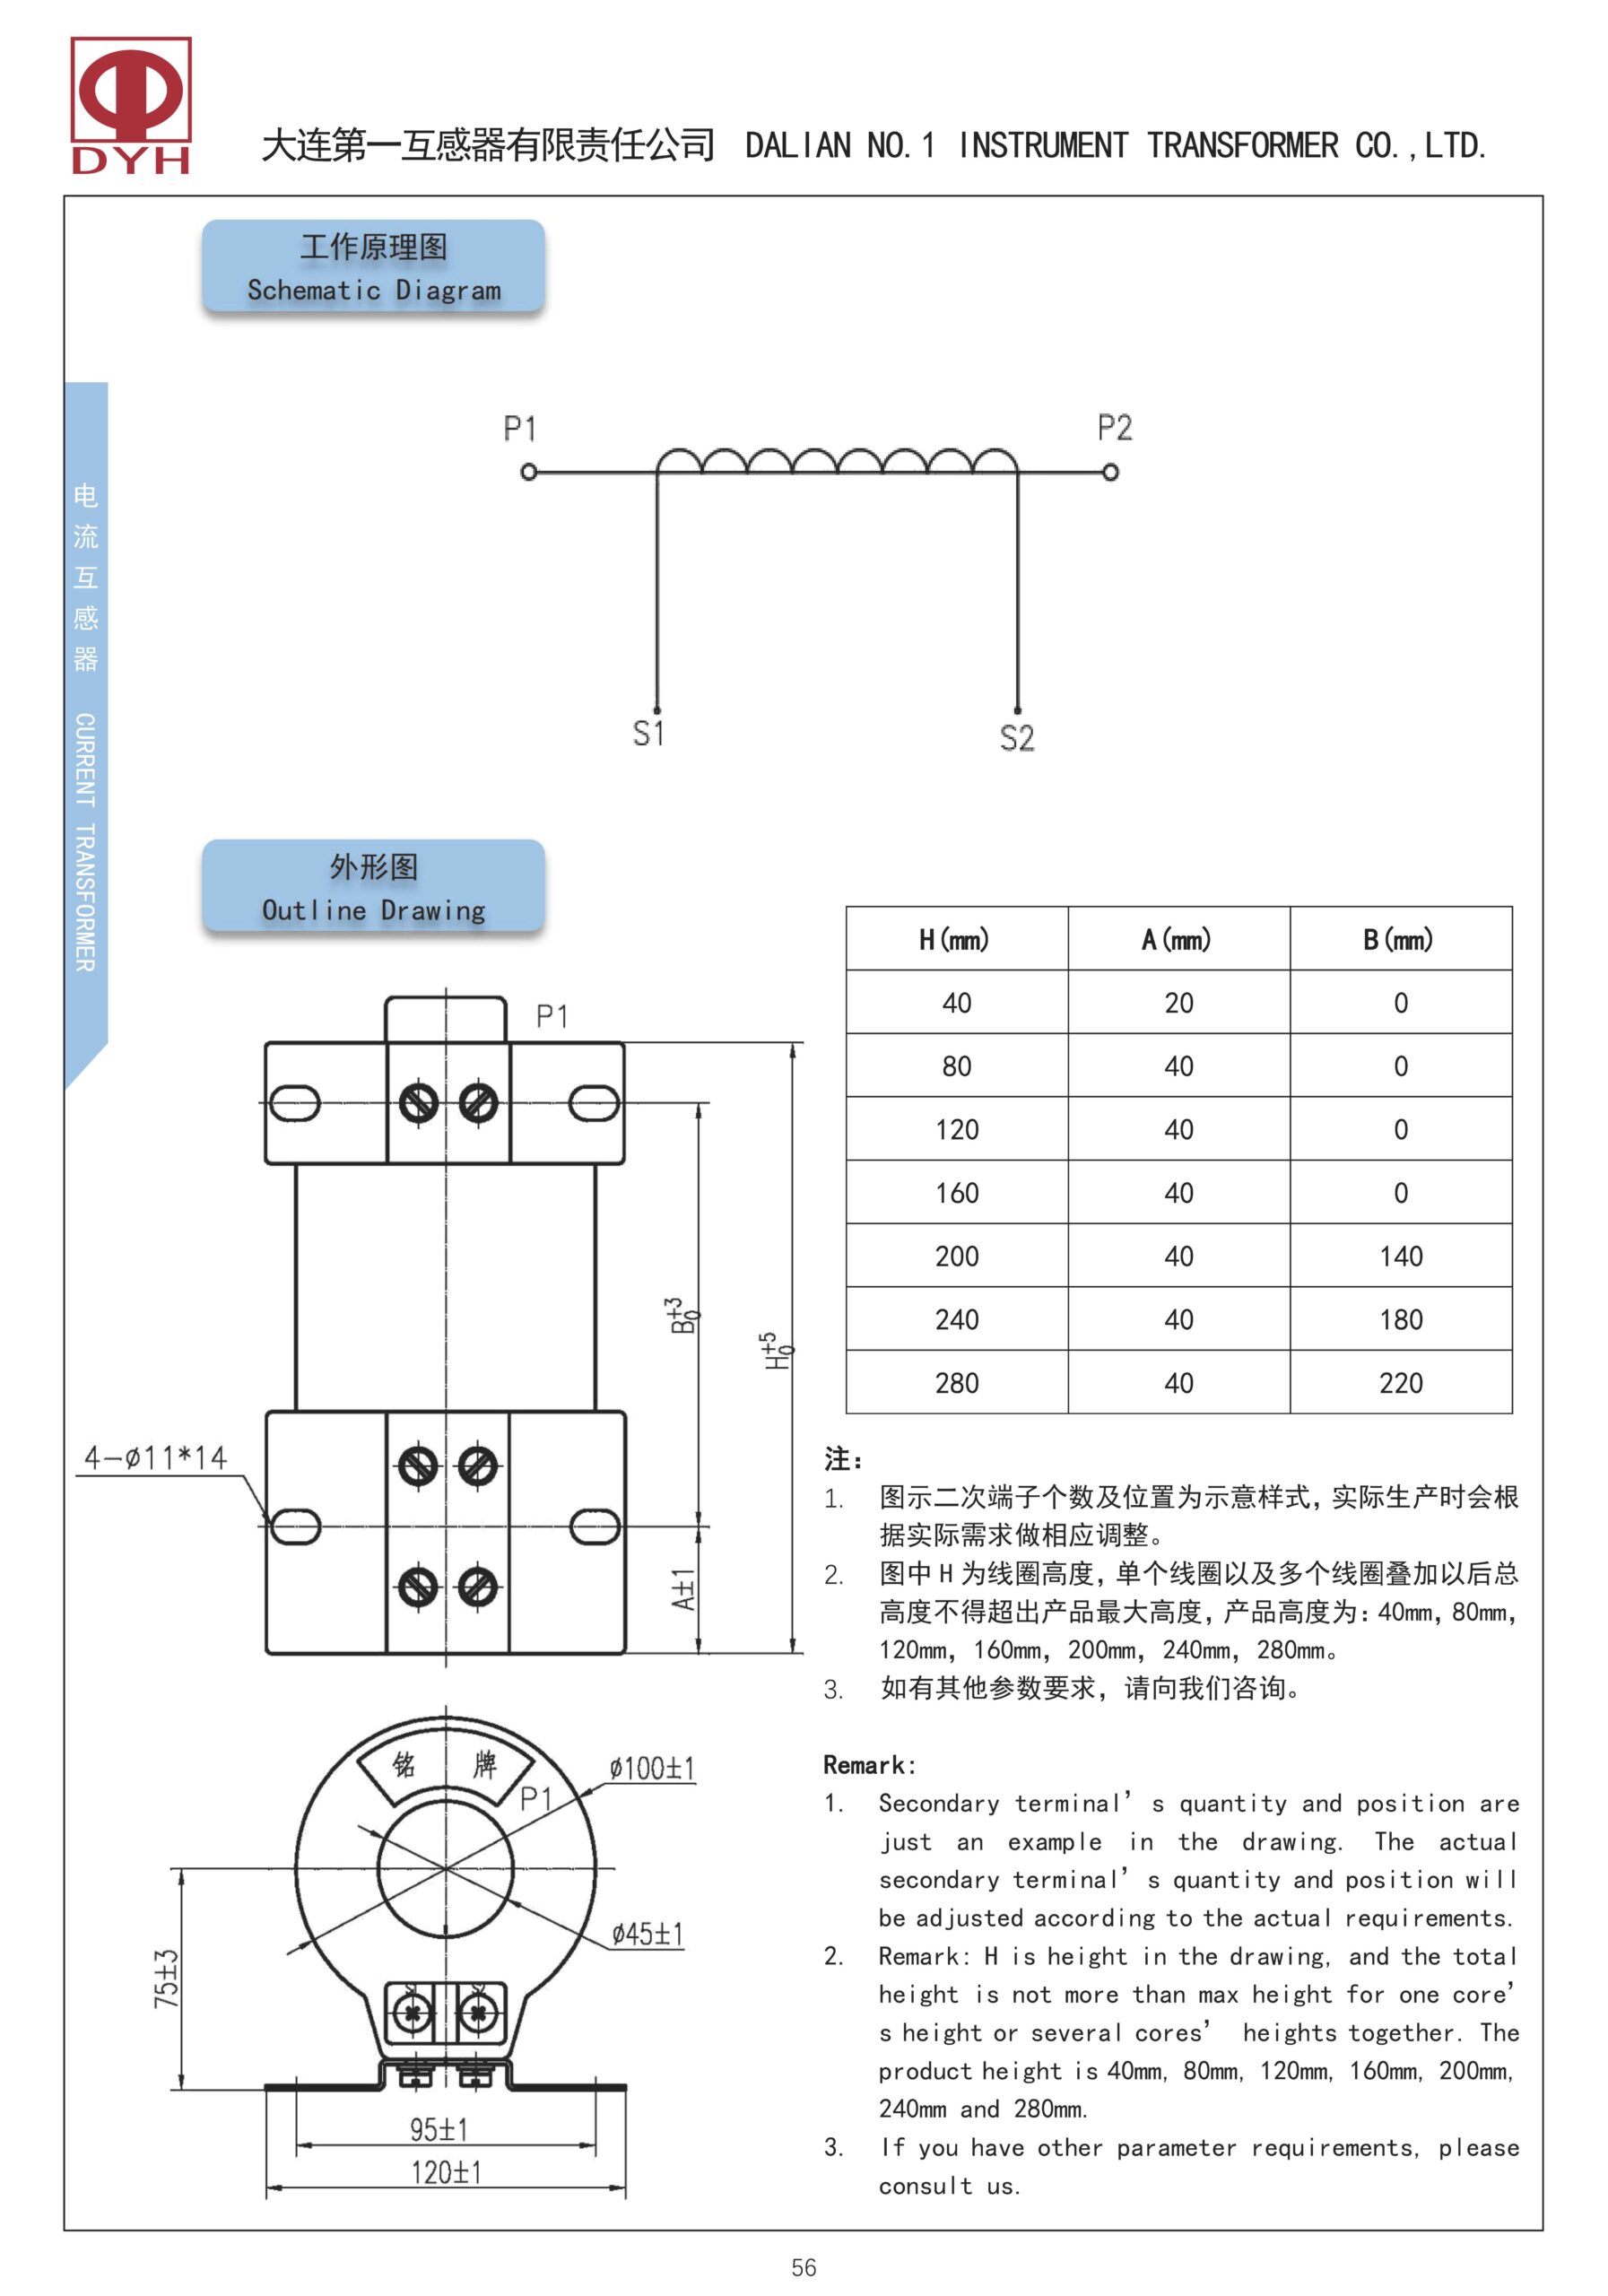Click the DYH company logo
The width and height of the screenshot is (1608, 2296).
[x=130, y=106]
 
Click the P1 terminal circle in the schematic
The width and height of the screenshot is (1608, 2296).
[x=529, y=472]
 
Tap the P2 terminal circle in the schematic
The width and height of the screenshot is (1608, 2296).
[x=1110, y=472]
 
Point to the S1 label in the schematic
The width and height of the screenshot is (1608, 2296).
[x=648, y=733]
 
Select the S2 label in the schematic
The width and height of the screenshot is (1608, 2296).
[x=1016, y=738]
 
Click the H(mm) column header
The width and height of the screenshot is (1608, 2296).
[x=955, y=939]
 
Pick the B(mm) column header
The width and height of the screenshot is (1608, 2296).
[x=1399, y=939]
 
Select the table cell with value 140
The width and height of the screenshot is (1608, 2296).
[x=1400, y=1256]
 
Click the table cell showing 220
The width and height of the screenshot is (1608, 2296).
[x=1400, y=1383]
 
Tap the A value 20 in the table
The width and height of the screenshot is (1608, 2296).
[x=1178, y=1003]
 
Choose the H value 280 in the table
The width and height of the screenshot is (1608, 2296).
[x=956, y=1383]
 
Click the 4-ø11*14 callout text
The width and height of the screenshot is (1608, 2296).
[x=155, y=1458]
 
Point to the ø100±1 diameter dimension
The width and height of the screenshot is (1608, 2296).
[x=651, y=1768]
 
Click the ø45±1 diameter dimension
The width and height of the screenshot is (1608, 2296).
[x=647, y=1934]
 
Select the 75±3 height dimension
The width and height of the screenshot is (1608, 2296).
[x=166, y=1979]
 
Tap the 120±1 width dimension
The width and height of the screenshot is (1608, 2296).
[x=446, y=2172]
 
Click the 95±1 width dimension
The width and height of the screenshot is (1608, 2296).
[x=438, y=2130]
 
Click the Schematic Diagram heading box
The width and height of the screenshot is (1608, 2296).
[x=373, y=267]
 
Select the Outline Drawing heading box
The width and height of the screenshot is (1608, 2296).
[x=373, y=887]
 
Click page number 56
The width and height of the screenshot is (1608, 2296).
[x=803, y=2267]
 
